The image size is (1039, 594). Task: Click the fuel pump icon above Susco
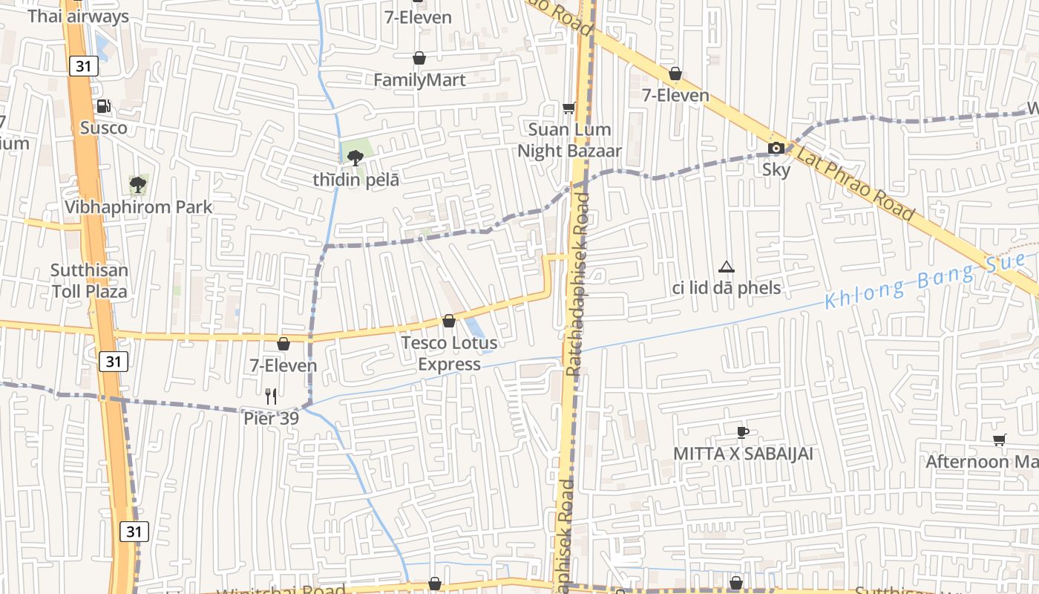104,107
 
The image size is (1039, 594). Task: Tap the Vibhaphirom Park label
138,207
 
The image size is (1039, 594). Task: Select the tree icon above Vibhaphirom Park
137,184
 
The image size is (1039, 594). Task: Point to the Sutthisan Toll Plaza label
89,281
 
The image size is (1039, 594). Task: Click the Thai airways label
78,16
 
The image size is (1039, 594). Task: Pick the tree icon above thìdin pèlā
355,157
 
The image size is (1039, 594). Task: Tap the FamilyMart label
419,80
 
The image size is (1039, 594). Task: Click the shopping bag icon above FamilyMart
419,58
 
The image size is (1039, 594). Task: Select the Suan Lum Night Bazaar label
569,140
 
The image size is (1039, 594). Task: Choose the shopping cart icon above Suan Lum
569,108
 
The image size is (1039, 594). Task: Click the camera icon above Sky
776,148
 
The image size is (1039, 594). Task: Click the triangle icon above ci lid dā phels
727,267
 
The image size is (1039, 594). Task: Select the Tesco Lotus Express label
449,353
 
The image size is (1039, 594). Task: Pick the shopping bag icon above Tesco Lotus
449,321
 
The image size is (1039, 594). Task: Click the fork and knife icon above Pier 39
272,396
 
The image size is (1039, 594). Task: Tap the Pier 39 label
272,419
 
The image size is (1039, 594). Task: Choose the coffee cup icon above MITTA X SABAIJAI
743,432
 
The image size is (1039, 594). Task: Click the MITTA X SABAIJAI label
743,454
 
